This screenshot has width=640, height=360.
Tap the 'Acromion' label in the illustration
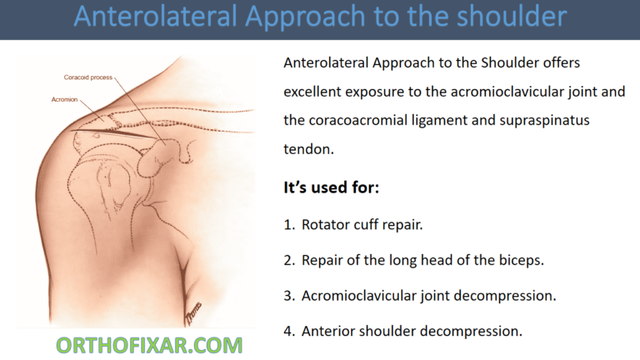click(x=65, y=98)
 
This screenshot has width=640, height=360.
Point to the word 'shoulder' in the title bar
click(x=504, y=17)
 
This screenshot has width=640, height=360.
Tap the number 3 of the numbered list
click(x=287, y=295)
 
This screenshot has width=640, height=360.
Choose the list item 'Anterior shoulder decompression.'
click(x=412, y=331)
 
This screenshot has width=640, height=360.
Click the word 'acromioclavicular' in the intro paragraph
click(x=499, y=92)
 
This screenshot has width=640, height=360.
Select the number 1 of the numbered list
click(x=287, y=224)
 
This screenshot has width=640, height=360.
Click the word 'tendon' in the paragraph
click(x=306, y=149)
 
